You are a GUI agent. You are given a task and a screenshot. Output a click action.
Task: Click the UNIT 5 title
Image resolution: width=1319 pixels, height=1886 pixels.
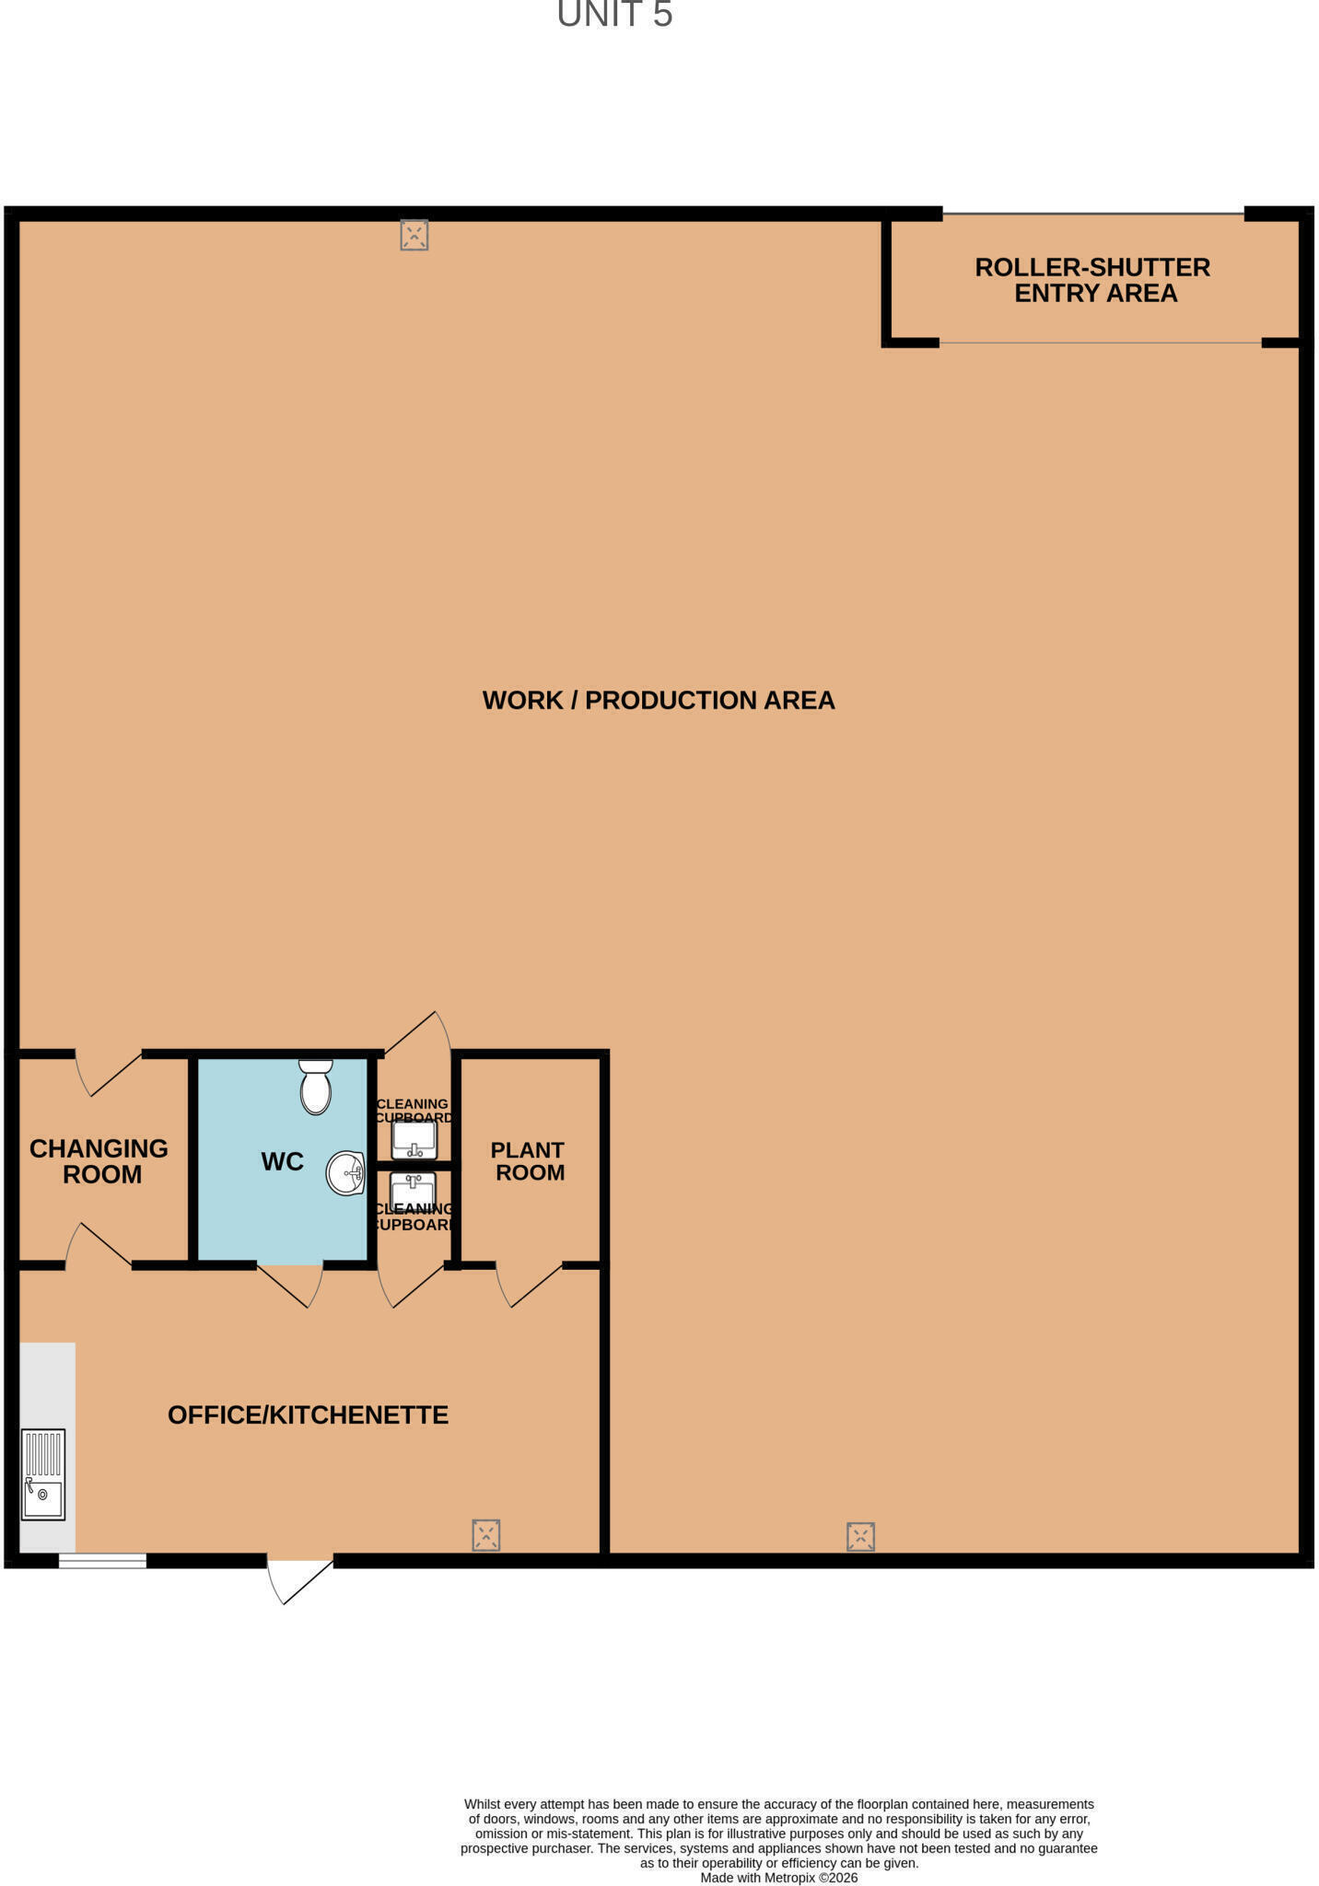614,15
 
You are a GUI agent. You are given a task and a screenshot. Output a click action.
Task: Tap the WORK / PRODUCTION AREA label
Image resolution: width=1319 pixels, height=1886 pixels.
659,700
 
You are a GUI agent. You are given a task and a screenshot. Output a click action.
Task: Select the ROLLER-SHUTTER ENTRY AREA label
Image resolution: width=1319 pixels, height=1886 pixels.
1093,280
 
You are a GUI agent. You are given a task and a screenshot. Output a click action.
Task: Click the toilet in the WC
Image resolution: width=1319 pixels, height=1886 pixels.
316,1087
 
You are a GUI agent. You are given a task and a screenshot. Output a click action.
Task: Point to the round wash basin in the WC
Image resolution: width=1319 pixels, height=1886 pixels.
346,1173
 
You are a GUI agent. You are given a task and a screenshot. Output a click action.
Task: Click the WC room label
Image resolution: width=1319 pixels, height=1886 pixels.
282,1161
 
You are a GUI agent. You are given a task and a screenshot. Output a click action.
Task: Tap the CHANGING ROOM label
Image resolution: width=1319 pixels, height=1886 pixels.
99,1161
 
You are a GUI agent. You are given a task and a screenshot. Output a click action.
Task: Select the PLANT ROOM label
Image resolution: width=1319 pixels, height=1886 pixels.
528,1161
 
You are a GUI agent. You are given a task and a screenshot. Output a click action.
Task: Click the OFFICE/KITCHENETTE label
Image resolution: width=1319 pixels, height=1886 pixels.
308,1414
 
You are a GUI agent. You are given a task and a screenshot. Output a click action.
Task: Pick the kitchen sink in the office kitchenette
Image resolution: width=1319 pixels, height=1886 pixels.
43,1473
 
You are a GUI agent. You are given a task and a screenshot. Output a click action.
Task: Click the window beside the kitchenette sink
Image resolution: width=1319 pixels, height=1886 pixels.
102,1560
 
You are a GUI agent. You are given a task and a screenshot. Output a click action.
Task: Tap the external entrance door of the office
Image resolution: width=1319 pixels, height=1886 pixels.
299,1579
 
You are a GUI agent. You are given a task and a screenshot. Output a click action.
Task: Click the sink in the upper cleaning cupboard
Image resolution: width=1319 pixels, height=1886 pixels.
414,1139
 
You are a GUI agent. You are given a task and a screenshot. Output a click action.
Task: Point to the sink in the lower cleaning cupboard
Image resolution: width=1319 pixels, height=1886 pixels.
413,1188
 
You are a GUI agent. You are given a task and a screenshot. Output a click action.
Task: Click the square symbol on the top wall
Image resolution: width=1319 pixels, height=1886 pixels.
414,235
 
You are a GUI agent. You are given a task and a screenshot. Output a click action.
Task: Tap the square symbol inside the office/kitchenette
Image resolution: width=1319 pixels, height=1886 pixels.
485,1535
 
